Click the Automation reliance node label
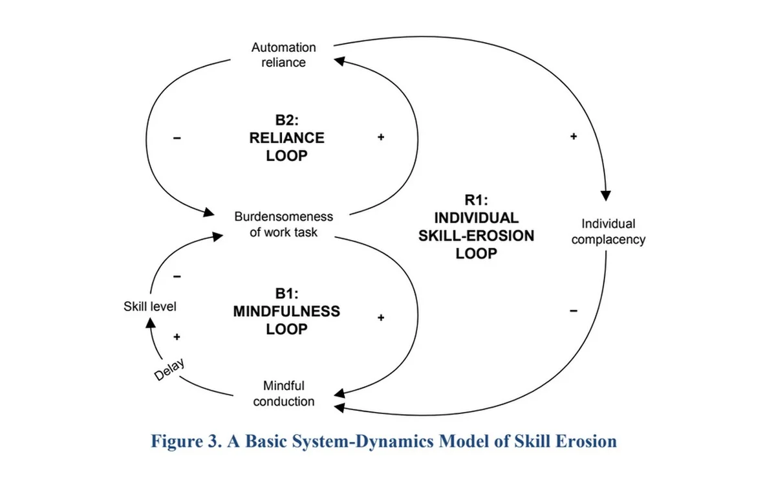tap(283, 55)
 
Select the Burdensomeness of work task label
tap(283, 224)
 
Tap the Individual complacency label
tap(608, 232)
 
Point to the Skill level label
tap(150, 306)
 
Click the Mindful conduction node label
tap(283, 393)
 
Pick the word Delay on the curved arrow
tap(170, 369)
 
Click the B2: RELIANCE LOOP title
tap(286, 137)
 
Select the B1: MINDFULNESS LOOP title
tap(286, 311)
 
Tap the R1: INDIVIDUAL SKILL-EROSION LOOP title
tap(476, 226)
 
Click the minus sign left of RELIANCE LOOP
tap(177, 137)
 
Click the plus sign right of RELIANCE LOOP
tap(381, 137)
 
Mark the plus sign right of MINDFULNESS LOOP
tap(381, 317)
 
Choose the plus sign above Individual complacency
tap(573, 137)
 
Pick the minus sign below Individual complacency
tap(573, 312)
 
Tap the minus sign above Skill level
tap(177, 276)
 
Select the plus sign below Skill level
tap(177, 337)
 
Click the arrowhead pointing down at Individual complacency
tap(606, 195)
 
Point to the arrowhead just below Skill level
tap(149, 323)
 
